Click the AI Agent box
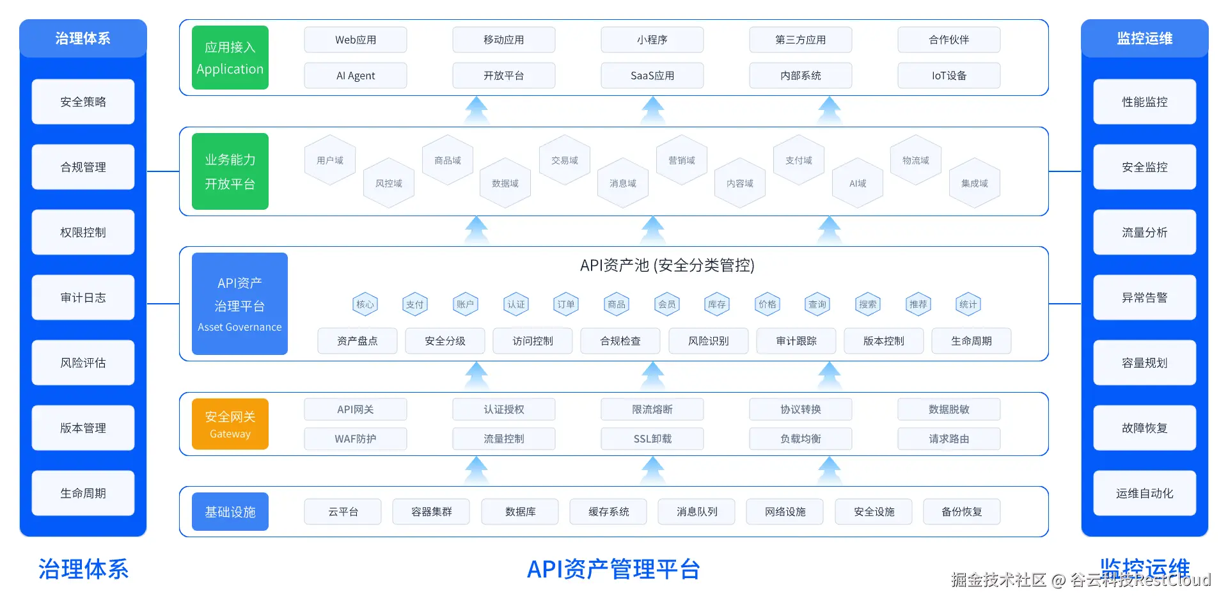(355, 75)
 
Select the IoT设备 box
(949, 75)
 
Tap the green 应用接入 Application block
(230, 58)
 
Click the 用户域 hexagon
(330, 161)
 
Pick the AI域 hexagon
(858, 184)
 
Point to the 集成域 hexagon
(975, 184)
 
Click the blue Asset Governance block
(240, 304)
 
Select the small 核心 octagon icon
(365, 304)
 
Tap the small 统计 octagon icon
(968, 304)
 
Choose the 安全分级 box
(445, 341)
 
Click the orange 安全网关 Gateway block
(230, 424)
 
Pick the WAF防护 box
(355, 439)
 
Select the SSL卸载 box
(652, 439)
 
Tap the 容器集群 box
(432, 512)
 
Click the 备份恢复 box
(962, 512)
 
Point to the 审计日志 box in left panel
(83, 297)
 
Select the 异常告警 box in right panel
(1145, 297)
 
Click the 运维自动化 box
(1145, 493)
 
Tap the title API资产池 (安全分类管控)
(667, 265)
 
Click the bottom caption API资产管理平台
(613, 569)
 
